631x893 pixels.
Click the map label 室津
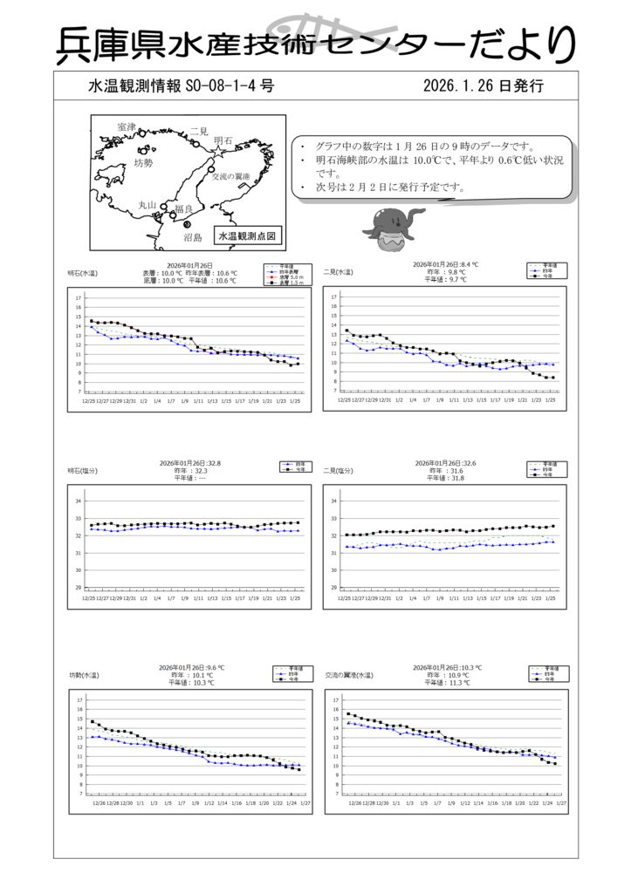[127, 127]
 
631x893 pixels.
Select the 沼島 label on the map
[192, 236]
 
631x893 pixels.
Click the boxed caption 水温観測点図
[247, 235]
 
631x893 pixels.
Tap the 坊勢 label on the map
[143, 163]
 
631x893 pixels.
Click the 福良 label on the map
[183, 209]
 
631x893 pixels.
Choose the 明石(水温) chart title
[83, 273]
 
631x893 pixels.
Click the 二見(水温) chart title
[338, 273]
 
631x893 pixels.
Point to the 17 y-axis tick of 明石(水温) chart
[79, 298]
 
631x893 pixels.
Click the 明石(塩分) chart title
[83, 471]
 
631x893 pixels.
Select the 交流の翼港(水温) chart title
[348, 675]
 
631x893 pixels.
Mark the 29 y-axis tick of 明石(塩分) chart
[79, 588]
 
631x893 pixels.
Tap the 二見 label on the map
[198, 131]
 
